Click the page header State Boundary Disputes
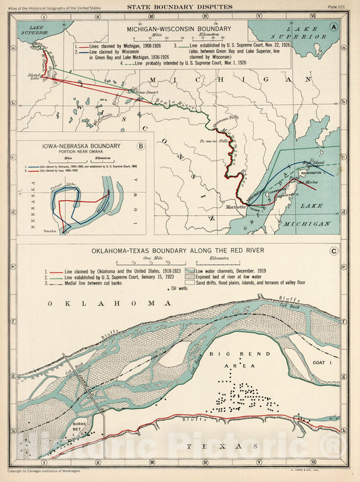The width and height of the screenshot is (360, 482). click(x=180, y=7)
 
